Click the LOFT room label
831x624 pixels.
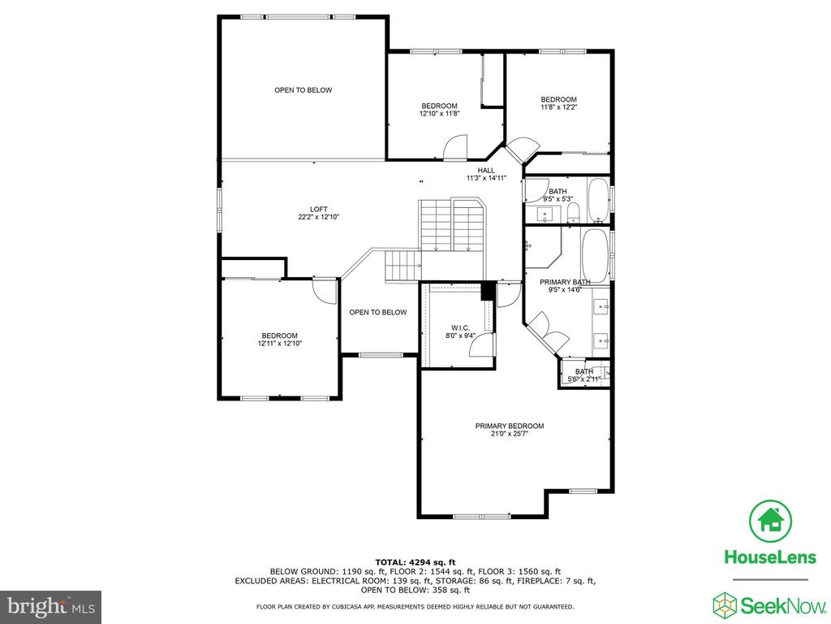point(318,209)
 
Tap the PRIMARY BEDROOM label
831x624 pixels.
point(510,426)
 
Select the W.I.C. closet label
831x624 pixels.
point(460,328)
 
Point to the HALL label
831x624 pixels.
point(486,171)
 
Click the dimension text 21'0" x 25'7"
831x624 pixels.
point(510,434)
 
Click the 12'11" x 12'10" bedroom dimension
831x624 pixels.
point(279,344)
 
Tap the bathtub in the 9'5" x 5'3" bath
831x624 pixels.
point(599,201)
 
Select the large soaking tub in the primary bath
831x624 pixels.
point(595,256)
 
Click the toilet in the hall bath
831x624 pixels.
point(573,214)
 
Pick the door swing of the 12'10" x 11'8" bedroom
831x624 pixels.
point(455,147)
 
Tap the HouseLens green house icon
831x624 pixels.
point(770,521)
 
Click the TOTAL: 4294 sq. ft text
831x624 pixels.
point(415,562)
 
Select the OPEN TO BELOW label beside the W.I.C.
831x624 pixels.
point(378,312)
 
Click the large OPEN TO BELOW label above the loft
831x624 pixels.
point(304,90)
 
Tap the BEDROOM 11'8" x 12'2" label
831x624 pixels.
point(558,103)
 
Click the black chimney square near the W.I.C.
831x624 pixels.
point(488,292)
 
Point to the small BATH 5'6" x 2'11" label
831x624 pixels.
point(583,375)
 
